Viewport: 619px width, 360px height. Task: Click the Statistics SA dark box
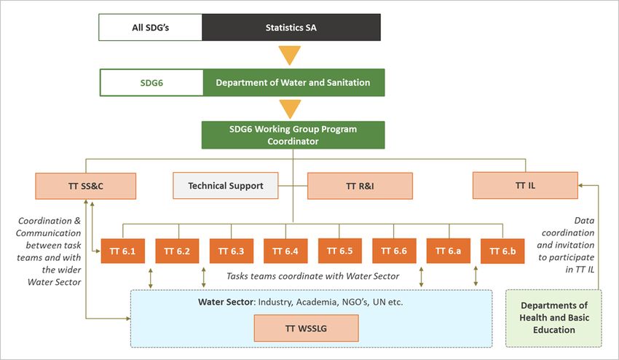point(291,27)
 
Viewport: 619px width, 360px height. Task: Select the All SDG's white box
point(151,27)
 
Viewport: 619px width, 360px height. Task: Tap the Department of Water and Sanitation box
point(293,82)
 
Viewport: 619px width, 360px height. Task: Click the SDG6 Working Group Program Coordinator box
point(293,135)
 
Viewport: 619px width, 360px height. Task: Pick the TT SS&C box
point(86,186)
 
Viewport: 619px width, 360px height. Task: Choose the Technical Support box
point(226,185)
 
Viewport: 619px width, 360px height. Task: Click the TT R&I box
point(360,186)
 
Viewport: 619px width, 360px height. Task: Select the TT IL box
point(526,185)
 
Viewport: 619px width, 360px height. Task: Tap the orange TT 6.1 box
point(123,251)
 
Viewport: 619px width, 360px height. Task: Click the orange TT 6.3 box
point(232,251)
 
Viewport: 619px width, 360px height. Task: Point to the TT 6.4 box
point(285,251)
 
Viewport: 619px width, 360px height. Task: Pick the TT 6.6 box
point(394,251)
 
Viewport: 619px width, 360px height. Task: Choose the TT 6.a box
point(449,251)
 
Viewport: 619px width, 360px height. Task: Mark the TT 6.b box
point(502,251)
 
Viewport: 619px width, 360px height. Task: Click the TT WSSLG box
point(307,328)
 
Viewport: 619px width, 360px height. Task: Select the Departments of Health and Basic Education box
point(554,318)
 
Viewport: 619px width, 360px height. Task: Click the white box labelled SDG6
point(151,82)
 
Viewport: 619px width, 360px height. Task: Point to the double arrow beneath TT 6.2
point(204,278)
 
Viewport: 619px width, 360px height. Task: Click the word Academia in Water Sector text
point(313,302)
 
